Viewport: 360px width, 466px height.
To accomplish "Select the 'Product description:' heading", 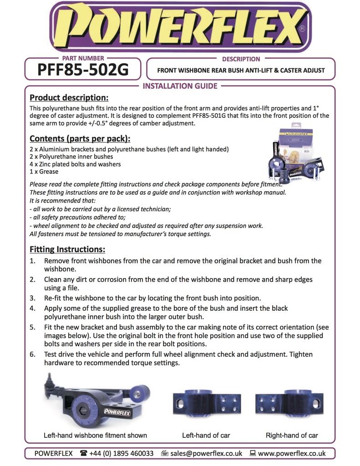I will tap(69, 97).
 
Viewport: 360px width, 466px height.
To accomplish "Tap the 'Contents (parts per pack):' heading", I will tap(80, 138).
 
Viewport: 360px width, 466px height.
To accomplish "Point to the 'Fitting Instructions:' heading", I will tap(67, 249).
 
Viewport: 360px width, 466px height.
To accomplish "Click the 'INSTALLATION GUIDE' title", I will tap(180, 86).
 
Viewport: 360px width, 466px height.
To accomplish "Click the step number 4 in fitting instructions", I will tap(32, 308).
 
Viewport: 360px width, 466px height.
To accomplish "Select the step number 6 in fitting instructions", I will tap(32, 354).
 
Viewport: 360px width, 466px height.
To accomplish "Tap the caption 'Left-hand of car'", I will tap(206, 436).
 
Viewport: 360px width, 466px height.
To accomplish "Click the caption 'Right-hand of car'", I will tap(292, 436).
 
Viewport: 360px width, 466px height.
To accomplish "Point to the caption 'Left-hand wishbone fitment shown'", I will tap(95, 436).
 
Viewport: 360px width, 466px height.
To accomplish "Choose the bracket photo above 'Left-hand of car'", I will tap(207, 403).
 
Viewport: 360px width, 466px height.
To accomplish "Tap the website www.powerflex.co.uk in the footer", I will tap(292, 453).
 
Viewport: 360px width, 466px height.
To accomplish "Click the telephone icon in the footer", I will tap(84, 453).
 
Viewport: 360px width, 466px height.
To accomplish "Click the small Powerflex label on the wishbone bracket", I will tap(117, 411).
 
